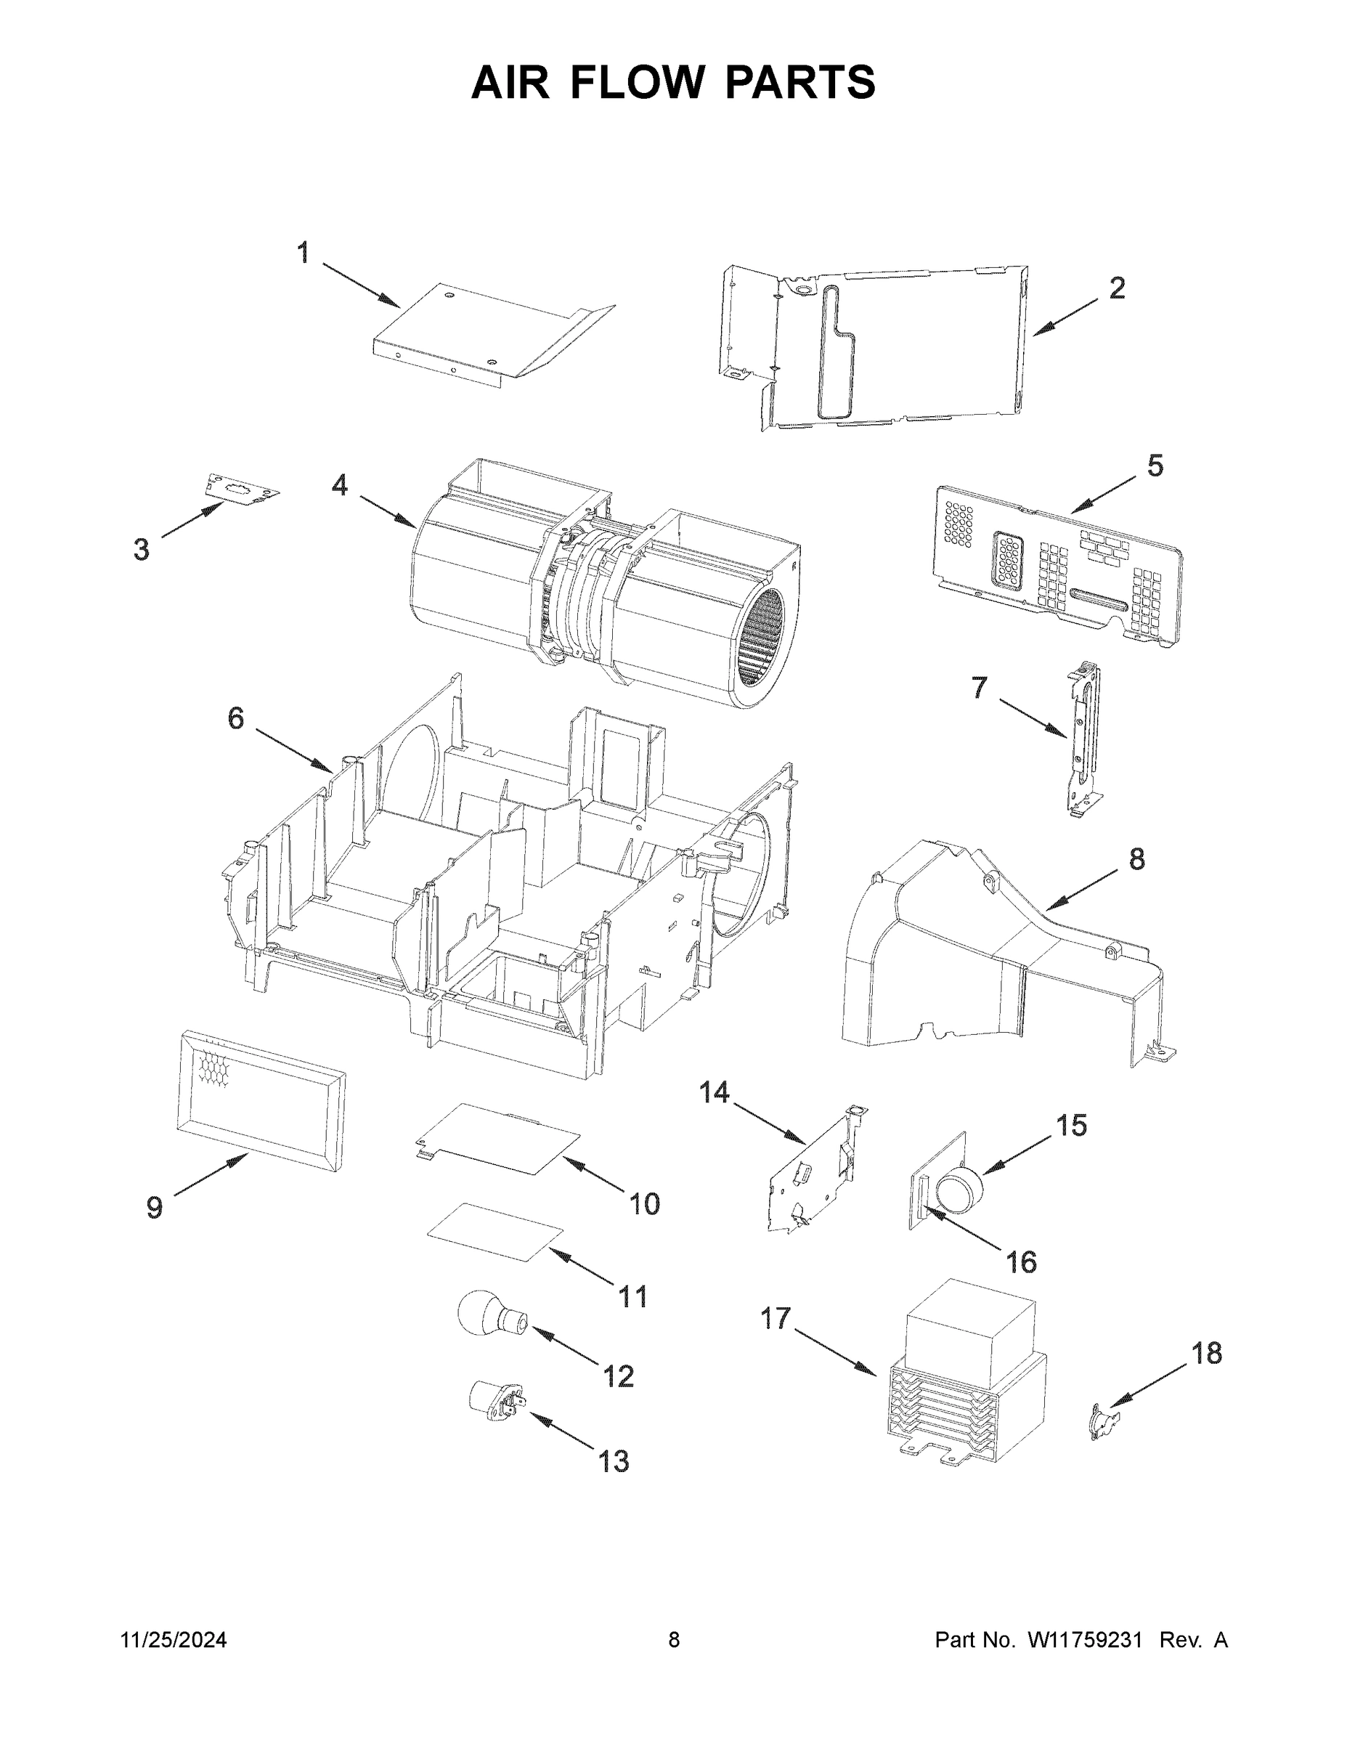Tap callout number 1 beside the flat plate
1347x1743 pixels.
304,253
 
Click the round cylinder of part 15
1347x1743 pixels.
959,1195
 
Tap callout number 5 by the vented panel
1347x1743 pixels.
1155,466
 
